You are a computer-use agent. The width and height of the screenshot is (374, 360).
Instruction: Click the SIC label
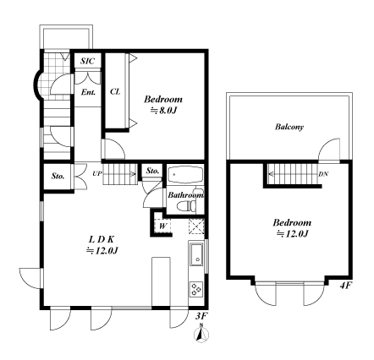[87, 61]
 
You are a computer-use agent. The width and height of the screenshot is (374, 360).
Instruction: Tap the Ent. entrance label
[88, 92]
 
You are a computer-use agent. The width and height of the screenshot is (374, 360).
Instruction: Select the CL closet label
[115, 91]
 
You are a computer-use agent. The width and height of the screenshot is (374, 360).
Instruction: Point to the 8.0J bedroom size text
[163, 111]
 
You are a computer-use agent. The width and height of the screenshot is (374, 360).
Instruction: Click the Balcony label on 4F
[289, 127]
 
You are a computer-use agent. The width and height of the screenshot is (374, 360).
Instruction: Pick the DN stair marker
[323, 174]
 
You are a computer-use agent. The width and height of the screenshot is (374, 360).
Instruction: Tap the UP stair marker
[96, 173]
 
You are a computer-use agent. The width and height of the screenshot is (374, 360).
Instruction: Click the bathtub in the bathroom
[185, 175]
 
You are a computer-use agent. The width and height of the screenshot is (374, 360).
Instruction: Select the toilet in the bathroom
[186, 205]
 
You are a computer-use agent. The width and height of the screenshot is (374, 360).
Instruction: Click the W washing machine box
[162, 226]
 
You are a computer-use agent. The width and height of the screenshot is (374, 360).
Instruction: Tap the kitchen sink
[196, 254]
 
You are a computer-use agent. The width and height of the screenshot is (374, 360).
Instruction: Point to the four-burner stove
[196, 289]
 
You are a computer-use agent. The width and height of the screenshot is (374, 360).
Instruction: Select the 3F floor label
[201, 316]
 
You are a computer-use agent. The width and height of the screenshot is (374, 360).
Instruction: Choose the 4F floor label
[345, 286]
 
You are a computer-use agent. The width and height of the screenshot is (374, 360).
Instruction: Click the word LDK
[102, 240]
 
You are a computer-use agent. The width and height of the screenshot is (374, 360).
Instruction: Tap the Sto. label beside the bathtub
[153, 171]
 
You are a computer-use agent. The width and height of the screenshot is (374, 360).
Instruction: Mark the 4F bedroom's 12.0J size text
[292, 234]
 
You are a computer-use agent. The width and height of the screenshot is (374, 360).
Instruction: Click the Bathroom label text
[185, 195]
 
